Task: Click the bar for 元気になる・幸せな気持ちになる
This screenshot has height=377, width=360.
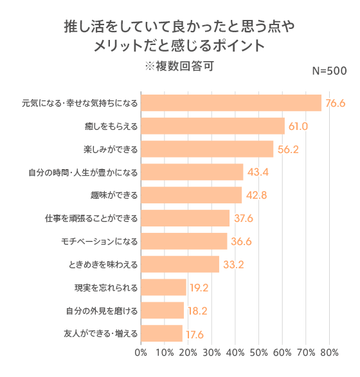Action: (231, 103)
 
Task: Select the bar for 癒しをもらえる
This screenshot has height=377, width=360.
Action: (212, 126)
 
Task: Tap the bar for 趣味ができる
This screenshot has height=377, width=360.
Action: (191, 195)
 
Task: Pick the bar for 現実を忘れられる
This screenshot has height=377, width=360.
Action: (163, 287)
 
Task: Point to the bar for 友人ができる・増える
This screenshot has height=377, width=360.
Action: (161, 333)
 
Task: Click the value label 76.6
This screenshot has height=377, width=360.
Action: (336, 103)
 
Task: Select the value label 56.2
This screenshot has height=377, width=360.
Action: (288, 149)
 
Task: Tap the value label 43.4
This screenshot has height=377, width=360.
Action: (258, 172)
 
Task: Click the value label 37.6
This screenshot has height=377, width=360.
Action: (244, 219)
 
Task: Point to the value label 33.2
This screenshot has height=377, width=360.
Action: (233, 264)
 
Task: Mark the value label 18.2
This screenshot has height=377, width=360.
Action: (197, 311)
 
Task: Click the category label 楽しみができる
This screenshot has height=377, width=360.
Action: (111, 149)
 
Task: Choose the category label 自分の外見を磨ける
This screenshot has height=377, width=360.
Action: (102, 311)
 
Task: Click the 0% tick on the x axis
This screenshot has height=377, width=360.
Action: (141, 353)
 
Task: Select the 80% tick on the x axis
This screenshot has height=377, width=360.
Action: (329, 353)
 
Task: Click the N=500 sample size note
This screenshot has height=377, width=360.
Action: (330, 71)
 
